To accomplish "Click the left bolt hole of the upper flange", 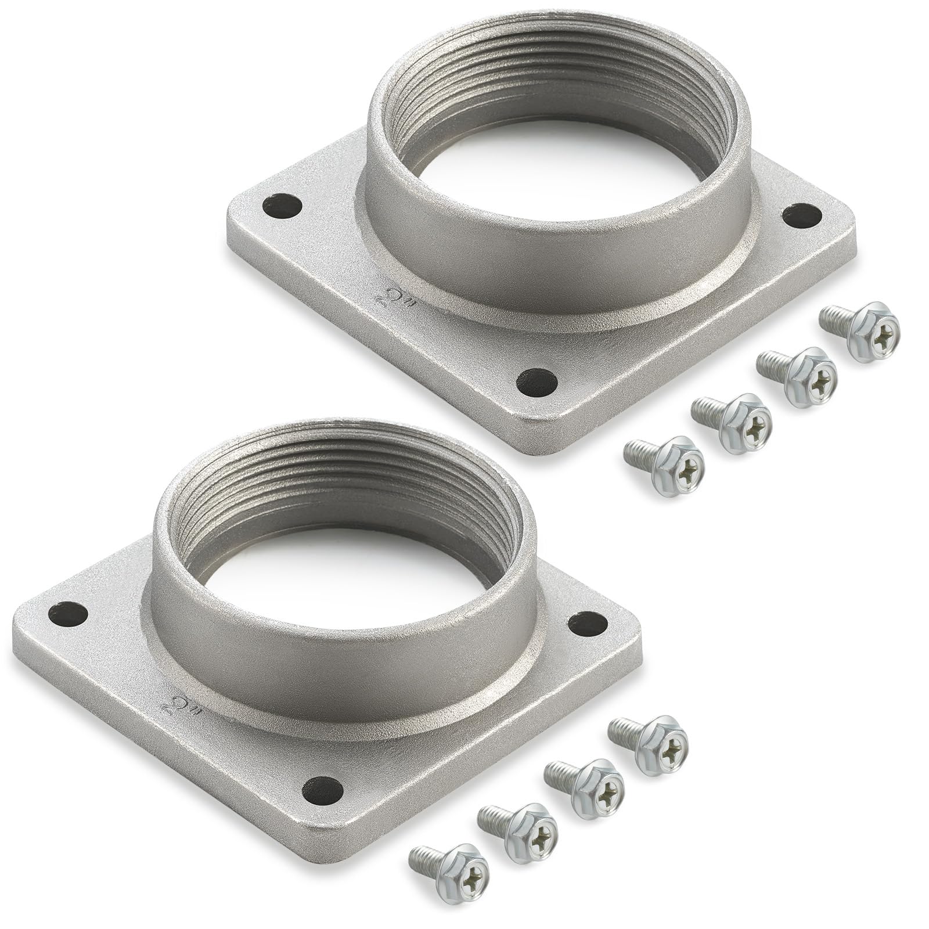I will [282, 206].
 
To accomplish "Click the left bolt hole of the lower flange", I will [68, 613].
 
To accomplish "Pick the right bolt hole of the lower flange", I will [587, 624].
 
